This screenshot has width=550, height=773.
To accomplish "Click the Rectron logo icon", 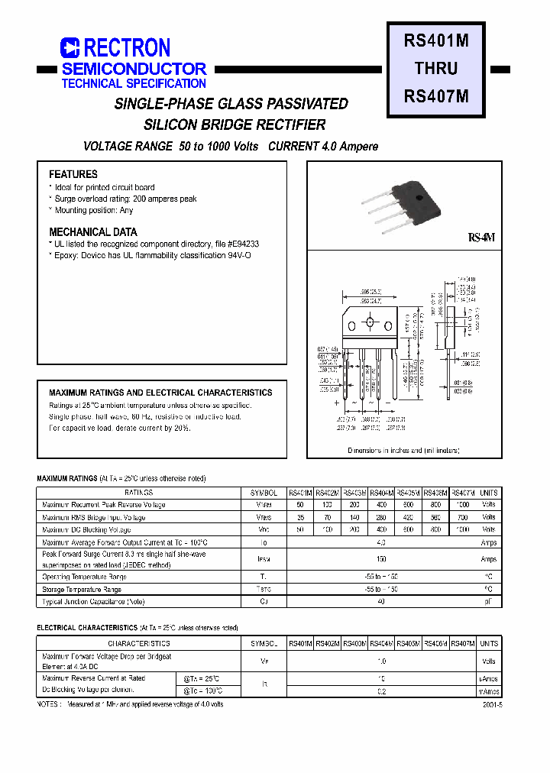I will (x=70, y=48).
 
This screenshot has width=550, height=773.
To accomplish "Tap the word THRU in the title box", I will (x=436, y=68).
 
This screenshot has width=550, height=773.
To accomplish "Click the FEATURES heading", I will (x=73, y=174).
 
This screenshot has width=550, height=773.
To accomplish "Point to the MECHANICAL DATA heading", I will (x=93, y=231).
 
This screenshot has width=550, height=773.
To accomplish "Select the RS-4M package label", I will (x=483, y=238).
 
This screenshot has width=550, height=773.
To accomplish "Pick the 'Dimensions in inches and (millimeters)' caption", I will (x=404, y=451).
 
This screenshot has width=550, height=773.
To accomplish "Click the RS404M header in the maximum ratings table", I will (x=380, y=493).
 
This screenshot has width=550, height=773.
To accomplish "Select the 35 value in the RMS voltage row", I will (x=300, y=517).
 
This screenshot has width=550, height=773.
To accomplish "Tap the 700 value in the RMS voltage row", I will (x=462, y=517).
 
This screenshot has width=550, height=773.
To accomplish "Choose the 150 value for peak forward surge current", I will (x=381, y=559).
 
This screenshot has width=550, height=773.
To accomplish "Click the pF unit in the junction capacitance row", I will (x=489, y=602).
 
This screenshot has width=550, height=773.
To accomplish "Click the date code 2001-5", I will (x=493, y=705).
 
